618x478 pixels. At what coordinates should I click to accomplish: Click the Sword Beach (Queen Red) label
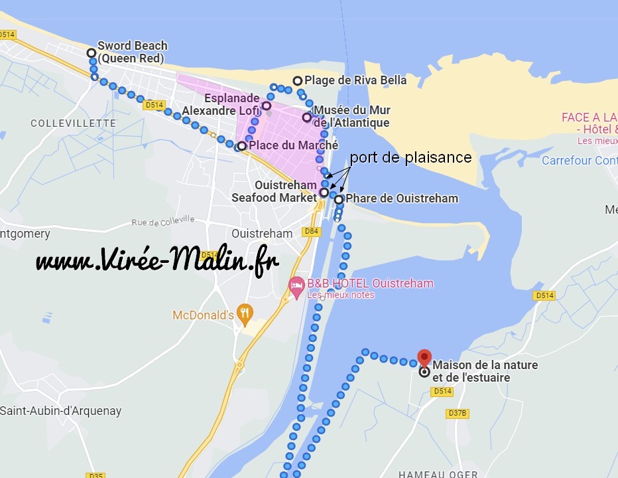tap(132, 51)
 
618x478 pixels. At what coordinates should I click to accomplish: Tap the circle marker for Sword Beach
tap(92, 53)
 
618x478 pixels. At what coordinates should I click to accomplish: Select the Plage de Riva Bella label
tap(355, 80)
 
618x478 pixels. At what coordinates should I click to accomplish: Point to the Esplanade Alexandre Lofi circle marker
tap(267, 106)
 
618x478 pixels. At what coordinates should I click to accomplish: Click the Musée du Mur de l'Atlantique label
tap(351, 116)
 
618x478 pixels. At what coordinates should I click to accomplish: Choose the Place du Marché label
tap(293, 145)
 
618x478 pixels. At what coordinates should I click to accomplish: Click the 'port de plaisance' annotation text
tap(410, 157)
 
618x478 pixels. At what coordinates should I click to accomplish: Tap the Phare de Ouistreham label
tap(402, 199)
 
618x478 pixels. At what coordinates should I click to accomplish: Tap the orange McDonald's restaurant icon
tap(245, 314)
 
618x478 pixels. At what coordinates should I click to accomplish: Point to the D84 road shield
tap(311, 231)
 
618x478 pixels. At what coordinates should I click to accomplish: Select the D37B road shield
tap(458, 413)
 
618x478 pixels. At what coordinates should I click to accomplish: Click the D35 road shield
tap(95, 475)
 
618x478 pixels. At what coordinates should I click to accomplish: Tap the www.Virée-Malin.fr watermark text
tap(157, 261)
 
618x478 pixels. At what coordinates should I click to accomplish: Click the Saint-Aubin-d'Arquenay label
tap(61, 410)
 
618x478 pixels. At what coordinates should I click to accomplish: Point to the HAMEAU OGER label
tap(438, 474)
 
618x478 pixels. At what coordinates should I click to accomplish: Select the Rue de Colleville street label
tap(163, 220)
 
